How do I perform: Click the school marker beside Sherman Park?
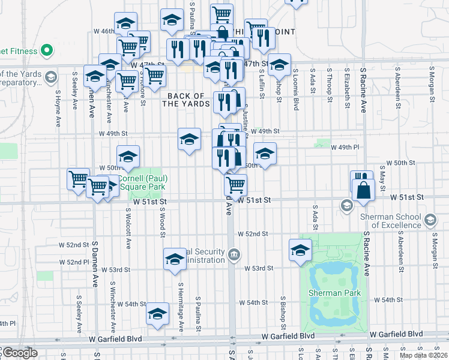click(x=300, y=250)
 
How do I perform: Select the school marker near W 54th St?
click(x=158, y=313)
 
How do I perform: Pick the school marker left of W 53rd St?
click(x=175, y=259)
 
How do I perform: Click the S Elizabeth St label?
click(x=348, y=86)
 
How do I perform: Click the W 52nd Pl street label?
click(x=74, y=262)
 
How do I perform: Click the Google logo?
click(x=20, y=353)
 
